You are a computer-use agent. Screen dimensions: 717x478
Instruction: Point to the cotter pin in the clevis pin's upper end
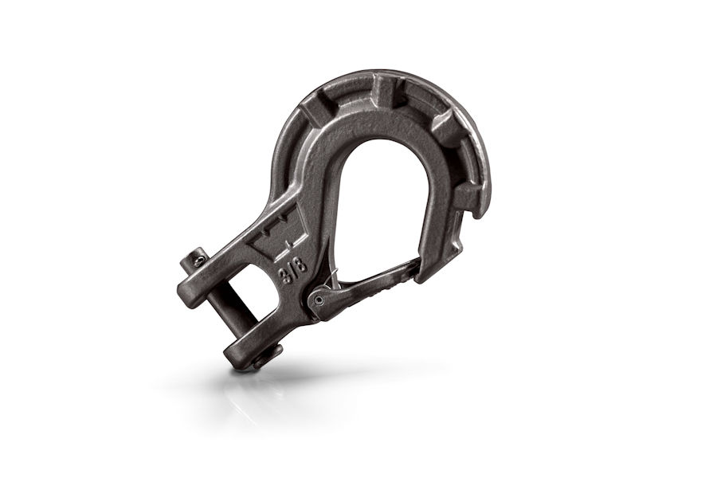197,260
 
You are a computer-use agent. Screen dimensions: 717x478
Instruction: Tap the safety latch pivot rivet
318,300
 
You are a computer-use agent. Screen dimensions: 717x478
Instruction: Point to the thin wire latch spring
332,279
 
